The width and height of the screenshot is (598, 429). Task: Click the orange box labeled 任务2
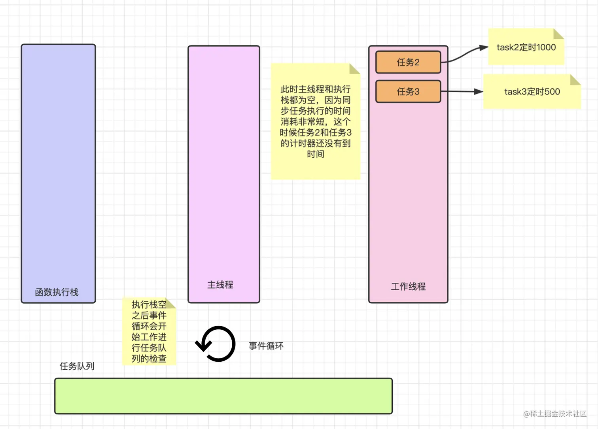[408, 62]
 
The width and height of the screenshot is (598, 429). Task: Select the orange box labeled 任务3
[408, 91]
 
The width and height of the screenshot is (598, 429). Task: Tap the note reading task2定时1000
[526, 47]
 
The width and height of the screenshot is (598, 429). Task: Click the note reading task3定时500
[532, 92]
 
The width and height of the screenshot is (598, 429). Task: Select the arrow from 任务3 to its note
[462, 91]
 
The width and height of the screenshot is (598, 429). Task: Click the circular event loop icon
[216, 344]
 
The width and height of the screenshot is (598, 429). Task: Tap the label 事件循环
[266, 346]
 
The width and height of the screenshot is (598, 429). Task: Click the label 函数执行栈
[57, 292]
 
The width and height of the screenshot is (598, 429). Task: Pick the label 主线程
[220, 285]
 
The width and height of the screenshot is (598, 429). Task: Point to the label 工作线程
[408, 286]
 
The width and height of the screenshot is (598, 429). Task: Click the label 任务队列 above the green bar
[77, 366]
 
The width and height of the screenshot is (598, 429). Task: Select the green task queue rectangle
[223, 396]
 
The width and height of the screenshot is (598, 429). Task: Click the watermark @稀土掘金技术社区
[554, 414]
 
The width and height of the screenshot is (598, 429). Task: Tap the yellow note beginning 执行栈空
[149, 331]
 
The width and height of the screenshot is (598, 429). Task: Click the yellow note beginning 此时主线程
[315, 122]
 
